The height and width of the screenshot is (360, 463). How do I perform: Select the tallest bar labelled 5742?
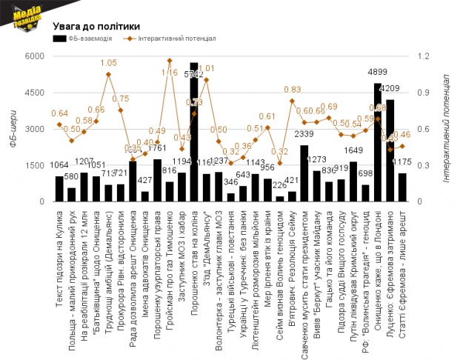pyautogui.click(x=193, y=133)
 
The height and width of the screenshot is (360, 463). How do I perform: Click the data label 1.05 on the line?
pyautogui.click(x=108, y=63)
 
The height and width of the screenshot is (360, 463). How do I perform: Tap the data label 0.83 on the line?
pyautogui.click(x=292, y=90)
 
